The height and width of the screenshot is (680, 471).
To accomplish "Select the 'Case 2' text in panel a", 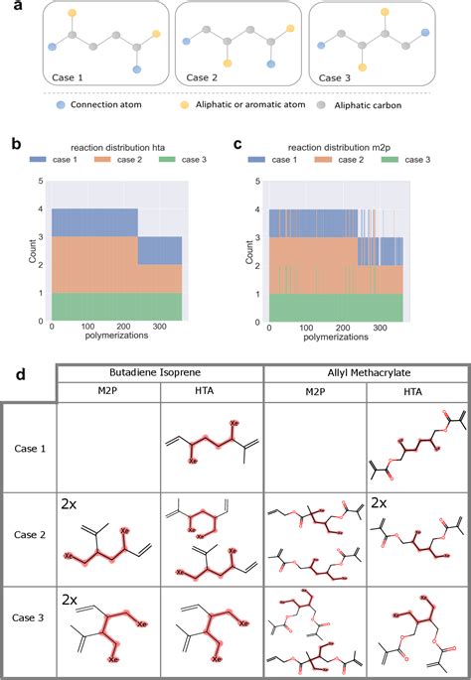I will (204, 75).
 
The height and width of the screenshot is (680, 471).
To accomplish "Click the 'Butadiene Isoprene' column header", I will (158, 376).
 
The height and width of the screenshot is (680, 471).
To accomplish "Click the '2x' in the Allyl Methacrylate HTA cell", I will (383, 504).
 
